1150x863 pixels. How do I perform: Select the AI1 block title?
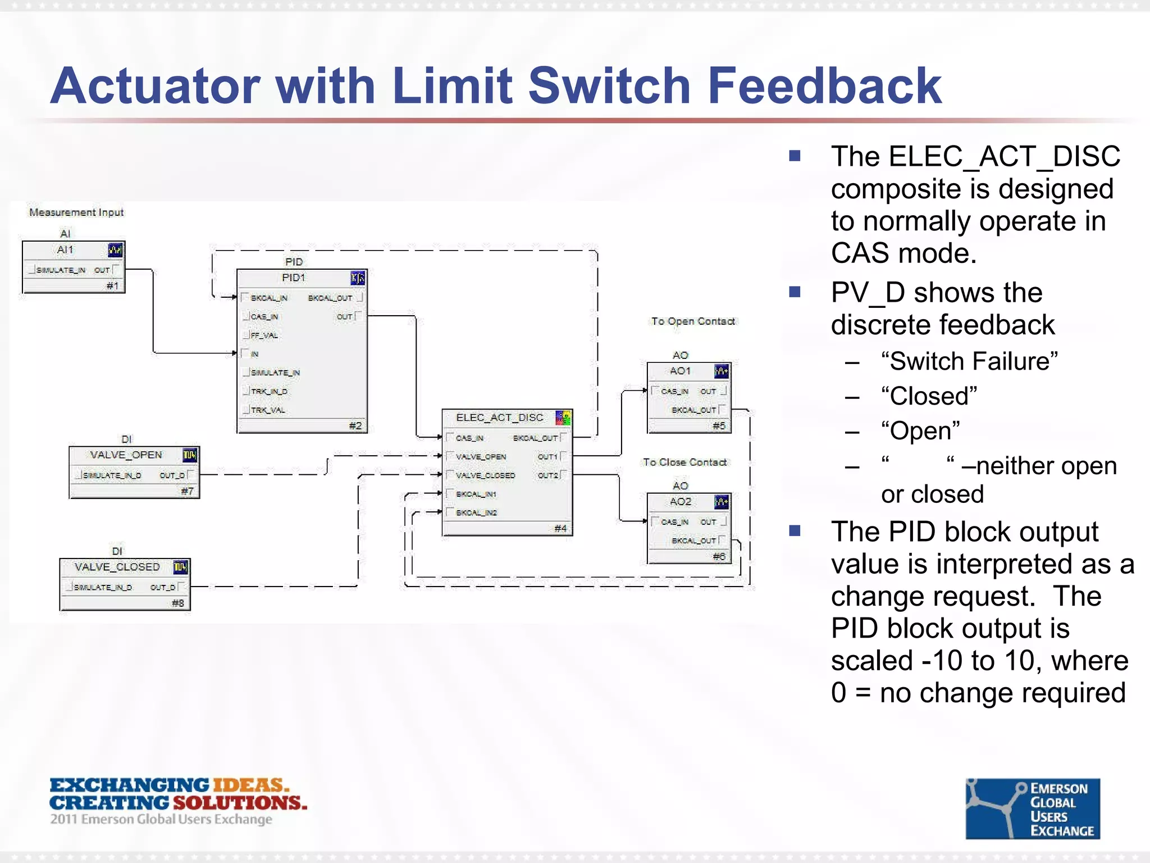(x=65, y=249)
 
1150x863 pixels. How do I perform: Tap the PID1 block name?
(x=293, y=278)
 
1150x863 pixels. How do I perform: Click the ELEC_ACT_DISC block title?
(x=499, y=417)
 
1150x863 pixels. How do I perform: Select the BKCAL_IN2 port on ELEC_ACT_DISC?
(x=476, y=512)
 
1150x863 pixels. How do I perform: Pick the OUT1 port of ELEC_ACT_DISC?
(x=547, y=456)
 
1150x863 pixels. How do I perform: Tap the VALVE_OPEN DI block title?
(x=126, y=455)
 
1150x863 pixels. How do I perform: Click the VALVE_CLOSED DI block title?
(x=117, y=567)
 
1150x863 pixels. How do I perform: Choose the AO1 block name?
(x=679, y=371)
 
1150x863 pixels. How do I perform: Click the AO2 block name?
(x=679, y=501)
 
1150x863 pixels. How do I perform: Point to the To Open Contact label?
(x=693, y=321)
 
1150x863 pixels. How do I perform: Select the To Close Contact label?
(x=684, y=462)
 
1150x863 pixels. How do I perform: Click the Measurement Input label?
(x=76, y=212)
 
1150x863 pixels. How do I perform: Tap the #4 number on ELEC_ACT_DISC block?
(x=560, y=528)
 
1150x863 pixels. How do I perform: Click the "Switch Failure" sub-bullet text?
(x=969, y=361)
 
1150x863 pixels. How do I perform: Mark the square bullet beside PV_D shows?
(x=795, y=292)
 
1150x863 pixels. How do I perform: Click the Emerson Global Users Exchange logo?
(x=1032, y=809)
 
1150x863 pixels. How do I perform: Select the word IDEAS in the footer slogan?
(x=250, y=785)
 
